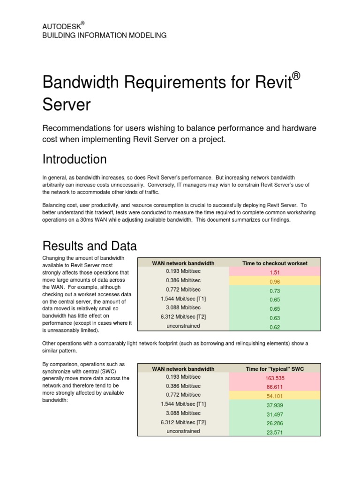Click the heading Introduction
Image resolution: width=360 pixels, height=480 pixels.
click(x=75, y=159)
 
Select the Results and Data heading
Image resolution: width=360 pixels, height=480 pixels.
click(x=90, y=246)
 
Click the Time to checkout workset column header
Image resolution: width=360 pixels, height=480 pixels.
click(x=275, y=263)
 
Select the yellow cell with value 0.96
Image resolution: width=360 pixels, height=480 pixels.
click(x=275, y=283)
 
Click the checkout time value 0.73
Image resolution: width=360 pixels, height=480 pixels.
click(x=275, y=292)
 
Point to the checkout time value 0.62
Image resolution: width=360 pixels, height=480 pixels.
click(x=275, y=328)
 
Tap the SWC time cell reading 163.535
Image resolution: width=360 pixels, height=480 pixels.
click(x=275, y=378)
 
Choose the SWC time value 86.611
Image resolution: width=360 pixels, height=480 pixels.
click(x=275, y=387)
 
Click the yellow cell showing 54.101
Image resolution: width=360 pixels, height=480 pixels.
click(x=275, y=396)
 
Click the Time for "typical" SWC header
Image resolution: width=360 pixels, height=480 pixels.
click(x=275, y=369)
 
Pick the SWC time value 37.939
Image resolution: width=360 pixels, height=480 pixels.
click(x=275, y=405)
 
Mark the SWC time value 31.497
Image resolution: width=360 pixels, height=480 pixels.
click(x=275, y=414)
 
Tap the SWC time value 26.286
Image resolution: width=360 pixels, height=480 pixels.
click(x=275, y=423)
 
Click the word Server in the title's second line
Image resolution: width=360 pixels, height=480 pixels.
click(x=66, y=105)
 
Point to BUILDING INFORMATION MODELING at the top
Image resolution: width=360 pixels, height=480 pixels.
click(x=104, y=35)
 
